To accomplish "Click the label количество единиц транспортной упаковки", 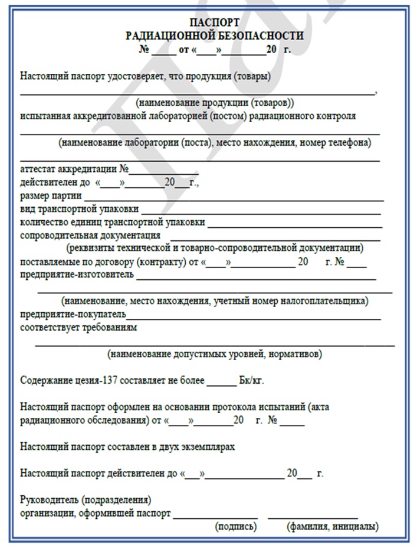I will coord(113,223).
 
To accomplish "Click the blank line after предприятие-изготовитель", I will coord(256,277).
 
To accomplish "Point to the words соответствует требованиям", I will coord(78,326).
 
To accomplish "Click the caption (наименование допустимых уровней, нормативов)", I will coord(215,355).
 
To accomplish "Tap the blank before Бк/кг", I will coord(222,383).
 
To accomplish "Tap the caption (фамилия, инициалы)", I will coord(332,526).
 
